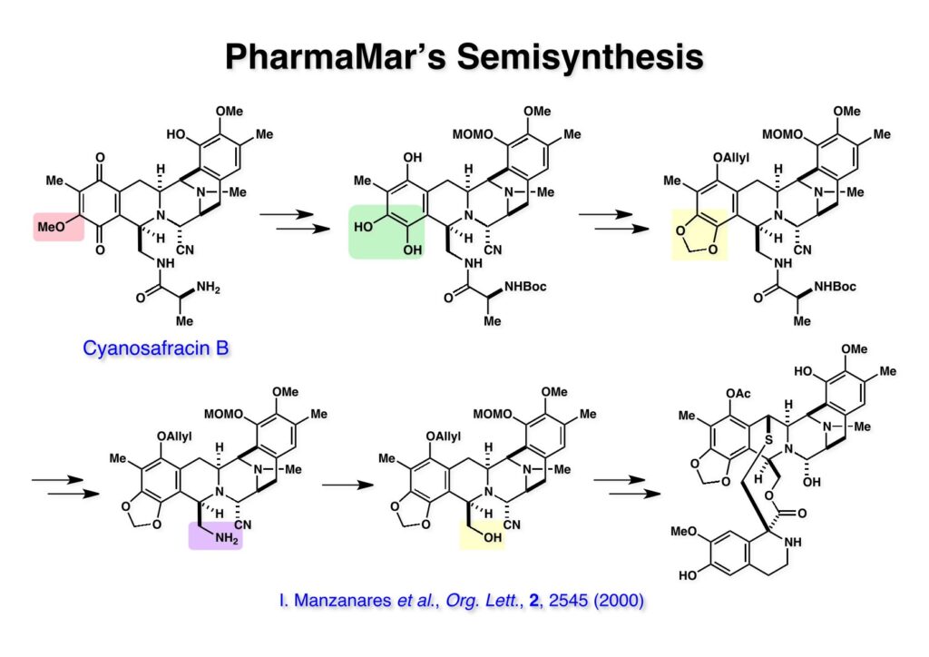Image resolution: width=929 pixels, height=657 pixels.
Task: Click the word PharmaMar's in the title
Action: click(333, 56)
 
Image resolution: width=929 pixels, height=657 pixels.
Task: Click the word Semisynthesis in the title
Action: click(579, 56)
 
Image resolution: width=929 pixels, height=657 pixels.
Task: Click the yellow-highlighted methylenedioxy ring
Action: click(699, 233)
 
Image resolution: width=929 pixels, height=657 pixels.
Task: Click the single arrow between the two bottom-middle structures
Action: click(347, 485)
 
